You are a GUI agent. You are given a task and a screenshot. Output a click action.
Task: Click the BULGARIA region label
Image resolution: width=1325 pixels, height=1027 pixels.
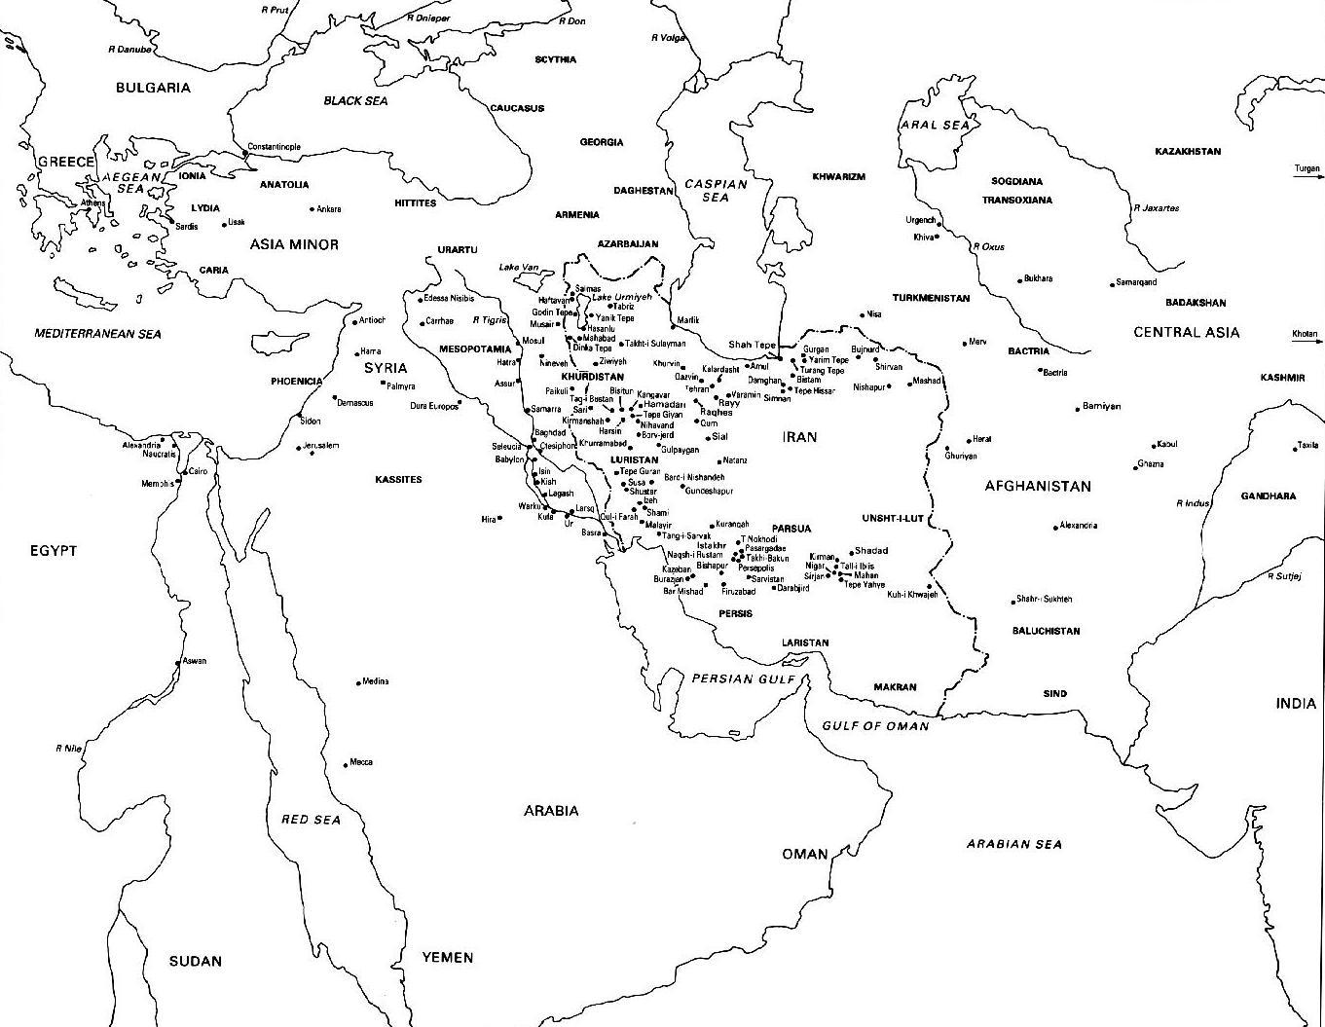153,88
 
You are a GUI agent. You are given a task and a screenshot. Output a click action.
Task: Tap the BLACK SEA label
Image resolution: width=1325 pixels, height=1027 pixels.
355,100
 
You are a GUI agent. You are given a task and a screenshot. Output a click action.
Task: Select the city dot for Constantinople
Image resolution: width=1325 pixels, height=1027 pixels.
245,154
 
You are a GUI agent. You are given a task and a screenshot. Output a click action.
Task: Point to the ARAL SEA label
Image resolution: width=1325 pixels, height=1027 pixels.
934,125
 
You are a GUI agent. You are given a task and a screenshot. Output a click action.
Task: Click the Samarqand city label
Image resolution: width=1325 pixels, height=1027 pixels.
1136,282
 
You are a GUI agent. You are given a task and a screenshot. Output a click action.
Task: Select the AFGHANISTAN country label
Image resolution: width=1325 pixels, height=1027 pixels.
1037,486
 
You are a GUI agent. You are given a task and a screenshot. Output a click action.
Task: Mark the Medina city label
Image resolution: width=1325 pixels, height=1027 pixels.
375,681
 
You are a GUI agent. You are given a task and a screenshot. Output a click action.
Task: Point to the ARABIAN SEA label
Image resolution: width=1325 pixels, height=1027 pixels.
1013,844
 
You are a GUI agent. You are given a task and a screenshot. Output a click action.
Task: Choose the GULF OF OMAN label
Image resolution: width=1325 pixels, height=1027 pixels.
875,726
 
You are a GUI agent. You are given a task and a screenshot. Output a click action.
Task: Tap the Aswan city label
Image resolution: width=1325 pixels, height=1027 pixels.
195,661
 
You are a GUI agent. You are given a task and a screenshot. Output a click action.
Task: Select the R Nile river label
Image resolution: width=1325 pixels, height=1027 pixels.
68,749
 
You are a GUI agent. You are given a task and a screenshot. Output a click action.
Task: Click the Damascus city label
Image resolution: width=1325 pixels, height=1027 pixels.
354,403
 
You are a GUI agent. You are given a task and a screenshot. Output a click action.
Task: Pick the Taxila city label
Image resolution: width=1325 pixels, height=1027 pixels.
1307,446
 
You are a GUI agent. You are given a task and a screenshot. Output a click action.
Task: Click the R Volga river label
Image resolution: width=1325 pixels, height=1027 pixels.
668,38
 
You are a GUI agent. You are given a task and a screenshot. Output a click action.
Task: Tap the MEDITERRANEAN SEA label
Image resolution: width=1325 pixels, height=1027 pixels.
97,334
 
